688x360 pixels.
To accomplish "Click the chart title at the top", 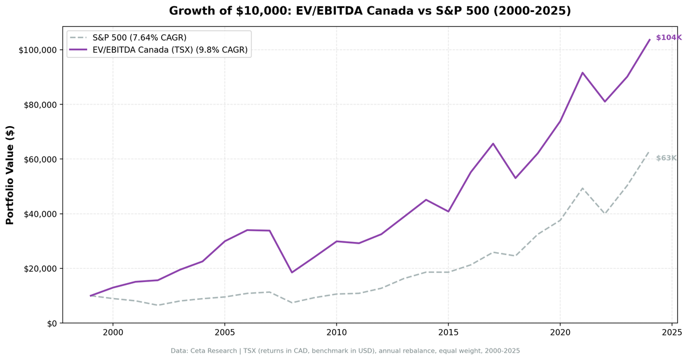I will (x=370, y=11).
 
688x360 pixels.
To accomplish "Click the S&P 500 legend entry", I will (x=139, y=38).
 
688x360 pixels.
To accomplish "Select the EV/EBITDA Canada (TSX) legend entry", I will (x=170, y=50).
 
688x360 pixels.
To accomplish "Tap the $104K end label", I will (x=669, y=38).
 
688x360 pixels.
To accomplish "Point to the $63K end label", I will (x=666, y=158).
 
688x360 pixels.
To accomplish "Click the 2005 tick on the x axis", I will (x=224, y=332).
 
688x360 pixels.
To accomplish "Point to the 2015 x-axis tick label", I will (x=448, y=332).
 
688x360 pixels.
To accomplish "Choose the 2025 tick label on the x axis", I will (x=671, y=332).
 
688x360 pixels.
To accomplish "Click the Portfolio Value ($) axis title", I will (x=10, y=175).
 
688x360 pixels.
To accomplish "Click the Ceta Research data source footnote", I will (x=345, y=351).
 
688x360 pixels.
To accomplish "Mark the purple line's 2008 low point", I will (x=291, y=272).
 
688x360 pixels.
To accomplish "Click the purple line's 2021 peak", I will (x=583, y=73).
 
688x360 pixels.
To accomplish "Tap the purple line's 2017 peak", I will (x=493, y=143).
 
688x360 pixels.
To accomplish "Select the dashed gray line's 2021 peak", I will (x=583, y=188).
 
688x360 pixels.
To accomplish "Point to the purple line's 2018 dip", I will (x=515, y=178).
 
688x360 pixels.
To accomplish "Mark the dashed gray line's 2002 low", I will (x=157, y=305).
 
